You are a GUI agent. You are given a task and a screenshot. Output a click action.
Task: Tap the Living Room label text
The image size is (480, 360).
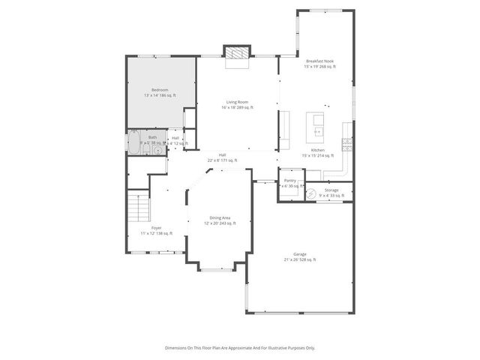[x=237, y=104]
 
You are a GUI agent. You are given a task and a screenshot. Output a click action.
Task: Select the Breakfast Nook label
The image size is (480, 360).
[x=319, y=63]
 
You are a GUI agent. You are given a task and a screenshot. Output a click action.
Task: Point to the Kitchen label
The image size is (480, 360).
[x=317, y=152]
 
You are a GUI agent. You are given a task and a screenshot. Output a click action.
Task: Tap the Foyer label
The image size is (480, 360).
[x=156, y=230]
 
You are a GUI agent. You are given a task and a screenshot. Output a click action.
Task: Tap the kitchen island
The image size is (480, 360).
[x=316, y=125]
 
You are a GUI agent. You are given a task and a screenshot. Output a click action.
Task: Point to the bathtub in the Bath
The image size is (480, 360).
[x=133, y=143]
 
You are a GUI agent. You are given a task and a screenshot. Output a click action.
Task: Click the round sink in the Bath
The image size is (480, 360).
[x=158, y=150]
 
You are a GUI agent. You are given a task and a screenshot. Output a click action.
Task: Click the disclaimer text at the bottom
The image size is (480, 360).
[x=240, y=348]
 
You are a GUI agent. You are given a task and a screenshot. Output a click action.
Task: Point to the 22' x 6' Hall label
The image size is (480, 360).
[x=222, y=157]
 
